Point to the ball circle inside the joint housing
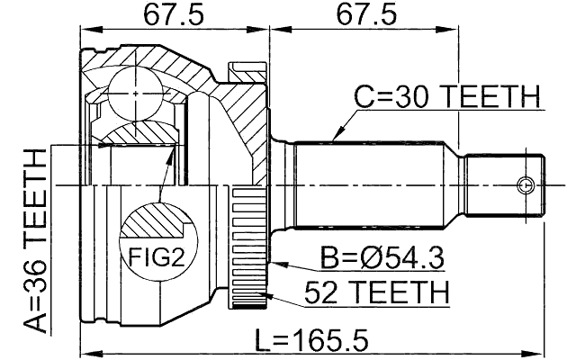coord(135,94)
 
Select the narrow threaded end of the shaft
coord(504,186)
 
